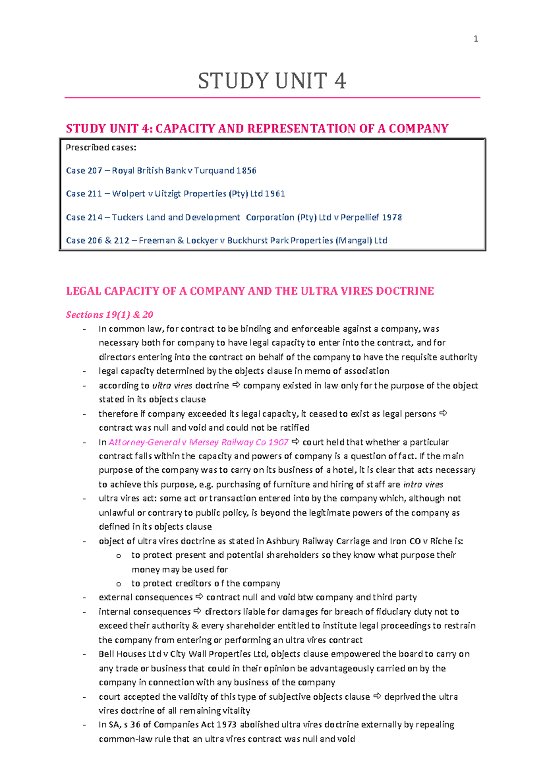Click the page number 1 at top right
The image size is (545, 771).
point(476,39)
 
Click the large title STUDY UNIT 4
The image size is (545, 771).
point(272,81)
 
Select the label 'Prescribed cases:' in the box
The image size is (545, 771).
point(101,147)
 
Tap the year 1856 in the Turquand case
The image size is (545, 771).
point(246,170)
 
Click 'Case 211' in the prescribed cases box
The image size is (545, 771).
point(84,194)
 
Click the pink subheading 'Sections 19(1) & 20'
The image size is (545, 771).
point(109,315)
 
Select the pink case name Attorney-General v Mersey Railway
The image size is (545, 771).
point(198,442)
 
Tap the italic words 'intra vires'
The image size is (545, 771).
point(423,485)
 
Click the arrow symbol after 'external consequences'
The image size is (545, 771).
point(199,597)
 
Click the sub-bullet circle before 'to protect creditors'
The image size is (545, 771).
point(119,584)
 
